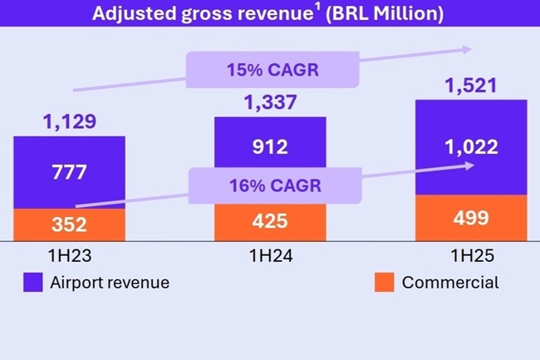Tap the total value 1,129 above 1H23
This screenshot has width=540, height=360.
69,121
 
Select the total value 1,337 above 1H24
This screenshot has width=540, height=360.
270,103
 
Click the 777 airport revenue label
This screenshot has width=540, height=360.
69,173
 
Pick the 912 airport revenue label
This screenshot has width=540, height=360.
270,148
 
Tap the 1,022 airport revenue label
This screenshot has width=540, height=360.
471,148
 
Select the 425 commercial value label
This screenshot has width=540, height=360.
270,222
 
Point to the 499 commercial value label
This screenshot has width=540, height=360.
471,219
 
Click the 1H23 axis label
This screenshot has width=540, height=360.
69,256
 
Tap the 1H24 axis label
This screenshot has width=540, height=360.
270,256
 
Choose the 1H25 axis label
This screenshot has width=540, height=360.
471,256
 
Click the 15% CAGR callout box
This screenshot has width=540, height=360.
273,70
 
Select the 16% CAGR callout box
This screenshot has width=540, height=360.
275,185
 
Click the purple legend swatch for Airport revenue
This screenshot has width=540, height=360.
33,283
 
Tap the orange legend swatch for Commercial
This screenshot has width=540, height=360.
384,283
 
